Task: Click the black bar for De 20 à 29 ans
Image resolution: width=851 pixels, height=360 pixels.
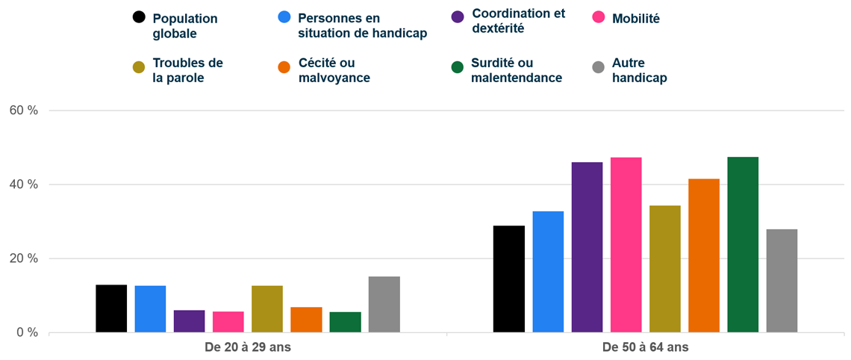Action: click(111, 308)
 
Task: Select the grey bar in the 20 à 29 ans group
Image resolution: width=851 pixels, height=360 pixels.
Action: click(384, 305)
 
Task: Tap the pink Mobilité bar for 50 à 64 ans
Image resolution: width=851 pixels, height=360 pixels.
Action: click(626, 245)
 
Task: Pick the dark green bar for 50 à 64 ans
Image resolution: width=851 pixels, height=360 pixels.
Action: click(743, 245)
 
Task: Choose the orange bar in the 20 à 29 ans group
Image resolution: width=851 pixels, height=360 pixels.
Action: click(306, 320)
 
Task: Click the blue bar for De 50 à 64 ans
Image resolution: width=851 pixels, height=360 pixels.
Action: click(548, 272)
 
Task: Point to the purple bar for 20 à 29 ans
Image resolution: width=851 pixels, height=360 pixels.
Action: click(189, 321)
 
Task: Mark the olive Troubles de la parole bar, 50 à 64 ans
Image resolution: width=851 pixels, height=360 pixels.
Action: click(664, 269)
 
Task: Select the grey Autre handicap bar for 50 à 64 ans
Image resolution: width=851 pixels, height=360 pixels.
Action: click(782, 281)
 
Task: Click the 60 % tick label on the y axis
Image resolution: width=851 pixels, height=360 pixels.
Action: click(23, 111)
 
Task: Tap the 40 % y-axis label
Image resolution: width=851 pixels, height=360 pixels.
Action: click(23, 184)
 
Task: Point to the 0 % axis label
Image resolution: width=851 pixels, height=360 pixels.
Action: click(26, 333)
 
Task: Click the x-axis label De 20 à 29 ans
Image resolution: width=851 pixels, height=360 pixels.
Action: click(248, 347)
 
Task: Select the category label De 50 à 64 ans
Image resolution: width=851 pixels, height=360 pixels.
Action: click(646, 347)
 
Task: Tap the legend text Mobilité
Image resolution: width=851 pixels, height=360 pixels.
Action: click(635, 19)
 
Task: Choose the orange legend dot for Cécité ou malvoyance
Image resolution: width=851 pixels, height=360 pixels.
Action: click(284, 68)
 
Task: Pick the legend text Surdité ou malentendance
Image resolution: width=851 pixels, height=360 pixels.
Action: click(516, 70)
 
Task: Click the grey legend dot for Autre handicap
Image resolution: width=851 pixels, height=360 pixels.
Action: click(597, 68)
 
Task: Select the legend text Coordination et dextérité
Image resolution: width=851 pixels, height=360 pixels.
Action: click(518, 21)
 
